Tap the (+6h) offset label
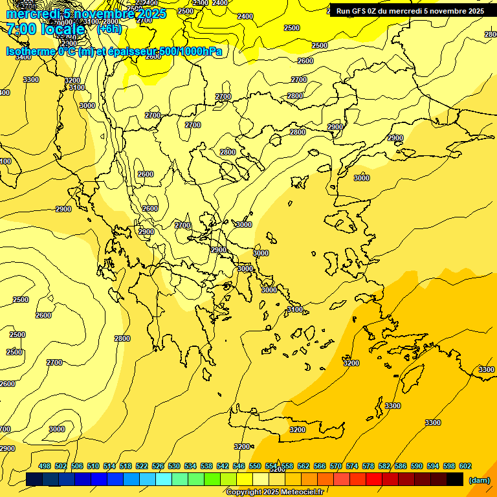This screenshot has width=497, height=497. pos(109,28)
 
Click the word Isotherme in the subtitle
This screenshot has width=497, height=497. pos(30,51)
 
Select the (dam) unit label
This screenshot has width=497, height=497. pos(480,480)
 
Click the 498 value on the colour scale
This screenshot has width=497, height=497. pos(45,467)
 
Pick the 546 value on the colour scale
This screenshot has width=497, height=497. pos(239,467)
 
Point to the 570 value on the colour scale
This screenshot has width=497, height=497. pos(336,467)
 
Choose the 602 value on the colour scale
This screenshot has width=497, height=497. pos(465,467)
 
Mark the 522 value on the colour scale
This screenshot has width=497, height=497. pos(142,467)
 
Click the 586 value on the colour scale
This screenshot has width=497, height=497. pos(401,467)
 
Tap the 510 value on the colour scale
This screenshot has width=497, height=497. pos(93,467)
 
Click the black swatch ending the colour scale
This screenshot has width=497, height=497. pos(455,480)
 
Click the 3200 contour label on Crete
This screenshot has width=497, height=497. pos(298,429)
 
